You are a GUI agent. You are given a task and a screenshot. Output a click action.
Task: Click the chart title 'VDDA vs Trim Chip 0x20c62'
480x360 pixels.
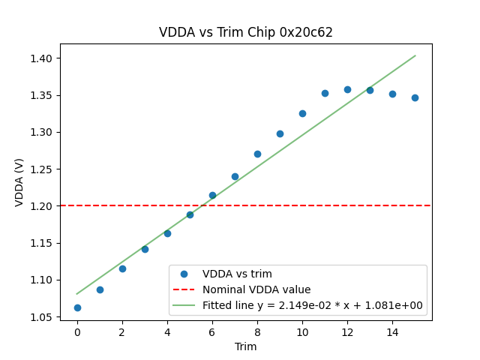pyautogui.click(x=245, y=32)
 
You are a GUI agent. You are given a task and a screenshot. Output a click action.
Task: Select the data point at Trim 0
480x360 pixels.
pyautogui.click(x=77, y=307)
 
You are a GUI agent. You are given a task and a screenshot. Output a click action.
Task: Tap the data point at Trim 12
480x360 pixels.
pyautogui.click(x=347, y=89)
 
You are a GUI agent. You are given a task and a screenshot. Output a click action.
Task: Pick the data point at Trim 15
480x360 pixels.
pyautogui.click(x=415, y=97)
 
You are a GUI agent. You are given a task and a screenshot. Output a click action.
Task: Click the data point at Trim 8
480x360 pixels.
pyautogui.click(x=257, y=154)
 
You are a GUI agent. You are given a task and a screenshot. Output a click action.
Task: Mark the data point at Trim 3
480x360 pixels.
pyautogui.click(x=145, y=249)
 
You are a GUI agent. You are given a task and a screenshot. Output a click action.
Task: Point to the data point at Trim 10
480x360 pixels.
pyautogui.click(x=302, y=113)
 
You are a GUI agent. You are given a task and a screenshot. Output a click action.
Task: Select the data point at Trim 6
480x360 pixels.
pyautogui.click(x=212, y=195)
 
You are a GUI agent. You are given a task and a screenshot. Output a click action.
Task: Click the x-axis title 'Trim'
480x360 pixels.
pyautogui.click(x=245, y=346)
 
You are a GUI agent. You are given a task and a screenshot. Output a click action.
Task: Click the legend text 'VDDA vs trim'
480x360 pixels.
pyautogui.click(x=237, y=274)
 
